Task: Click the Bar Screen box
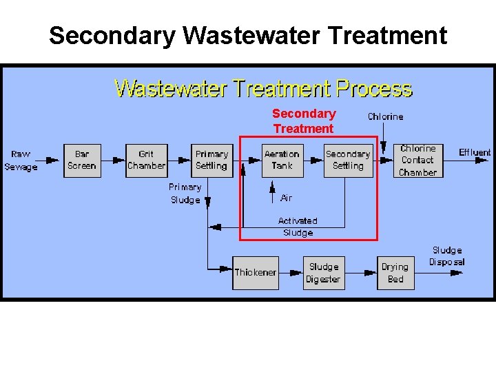[x=82, y=160]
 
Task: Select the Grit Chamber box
[x=146, y=160]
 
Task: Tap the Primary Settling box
[x=211, y=160]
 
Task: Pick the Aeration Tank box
[x=282, y=160]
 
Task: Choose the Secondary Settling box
[x=348, y=160]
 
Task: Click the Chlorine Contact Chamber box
[x=418, y=160]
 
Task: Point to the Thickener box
[x=256, y=272]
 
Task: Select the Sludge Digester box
[x=324, y=272]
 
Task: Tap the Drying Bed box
[x=395, y=272]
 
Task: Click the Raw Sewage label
[x=21, y=160]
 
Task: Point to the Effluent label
[x=475, y=152]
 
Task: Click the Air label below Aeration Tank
[x=287, y=198]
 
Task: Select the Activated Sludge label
[x=298, y=227]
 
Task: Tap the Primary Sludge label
[x=185, y=193]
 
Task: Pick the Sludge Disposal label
[x=447, y=256]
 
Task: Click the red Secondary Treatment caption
[x=304, y=121]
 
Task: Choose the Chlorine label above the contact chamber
[x=385, y=116]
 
